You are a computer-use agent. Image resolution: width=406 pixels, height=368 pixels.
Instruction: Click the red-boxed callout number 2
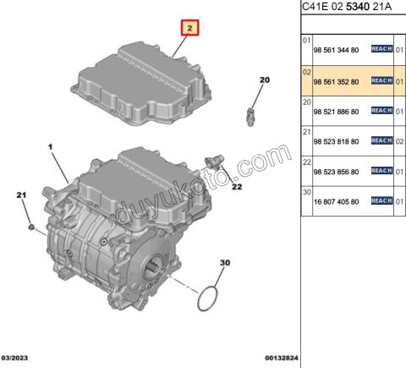[x=191, y=29]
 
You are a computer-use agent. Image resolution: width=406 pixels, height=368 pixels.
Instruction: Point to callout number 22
[x=237, y=186]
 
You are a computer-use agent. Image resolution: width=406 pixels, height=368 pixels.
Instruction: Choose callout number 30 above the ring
[x=224, y=263]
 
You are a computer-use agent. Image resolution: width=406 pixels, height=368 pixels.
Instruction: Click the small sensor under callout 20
[x=250, y=112]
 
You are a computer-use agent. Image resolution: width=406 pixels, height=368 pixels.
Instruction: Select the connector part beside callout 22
[x=217, y=161]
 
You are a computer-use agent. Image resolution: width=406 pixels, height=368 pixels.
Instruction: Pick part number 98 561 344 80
[x=337, y=51]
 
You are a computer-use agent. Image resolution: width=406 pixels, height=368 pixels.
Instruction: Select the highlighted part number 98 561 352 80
[x=337, y=80]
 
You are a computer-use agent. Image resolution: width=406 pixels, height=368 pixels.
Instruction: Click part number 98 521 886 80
[x=337, y=110]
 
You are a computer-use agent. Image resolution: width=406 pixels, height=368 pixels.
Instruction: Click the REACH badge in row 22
[x=381, y=170]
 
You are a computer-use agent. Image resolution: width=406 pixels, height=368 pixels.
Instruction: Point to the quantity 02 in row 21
[x=398, y=140]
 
